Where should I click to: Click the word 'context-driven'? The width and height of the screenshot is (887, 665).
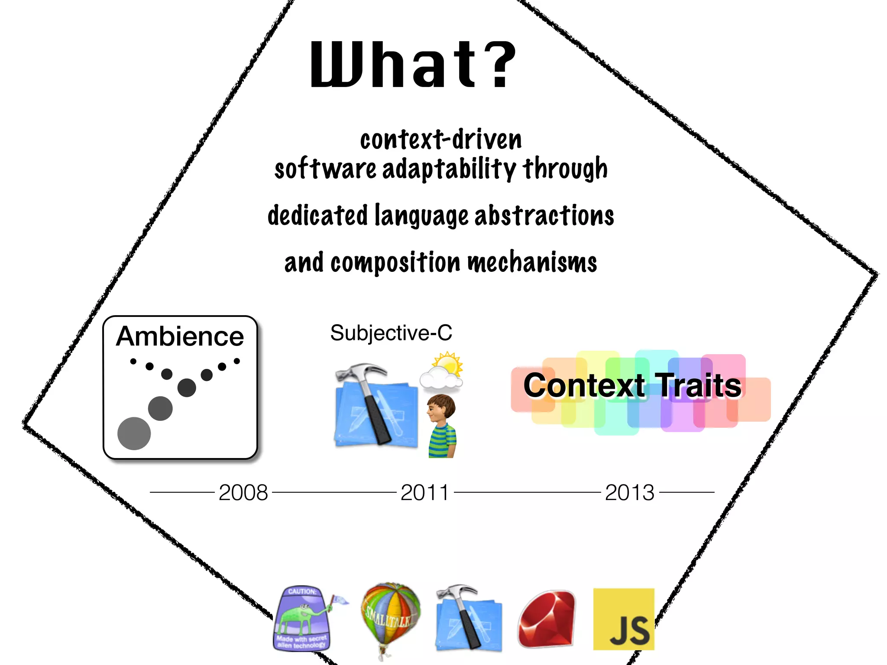point(441,139)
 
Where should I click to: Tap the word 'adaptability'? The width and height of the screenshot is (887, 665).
point(449,169)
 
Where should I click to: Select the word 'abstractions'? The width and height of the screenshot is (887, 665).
point(544,216)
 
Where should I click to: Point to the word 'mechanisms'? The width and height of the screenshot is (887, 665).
point(532,262)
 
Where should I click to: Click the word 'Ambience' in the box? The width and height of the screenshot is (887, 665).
point(180,336)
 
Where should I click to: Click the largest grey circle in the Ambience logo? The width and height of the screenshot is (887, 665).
point(134,433)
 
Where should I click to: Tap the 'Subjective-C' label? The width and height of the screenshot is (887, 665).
point(391,333)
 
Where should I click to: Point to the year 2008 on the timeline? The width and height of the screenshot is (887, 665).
point(243,492)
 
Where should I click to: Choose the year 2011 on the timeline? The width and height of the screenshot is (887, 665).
point(425,492)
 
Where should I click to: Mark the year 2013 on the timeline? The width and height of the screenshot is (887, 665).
point(629,492)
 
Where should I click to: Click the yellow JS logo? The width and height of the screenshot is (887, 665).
point(623,619)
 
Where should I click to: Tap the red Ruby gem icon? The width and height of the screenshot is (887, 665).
point(547,619)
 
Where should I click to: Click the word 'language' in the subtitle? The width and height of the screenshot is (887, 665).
point(421,216)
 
